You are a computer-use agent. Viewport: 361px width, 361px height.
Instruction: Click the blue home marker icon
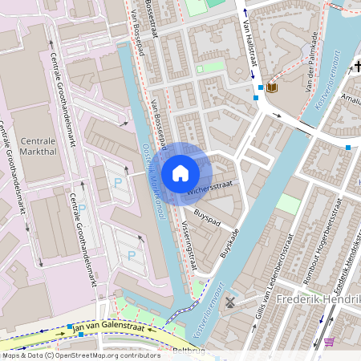click(x=180, y=173)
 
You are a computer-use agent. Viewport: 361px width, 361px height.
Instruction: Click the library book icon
click(x=271, y=87)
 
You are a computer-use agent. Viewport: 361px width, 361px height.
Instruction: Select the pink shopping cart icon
click(x=329, y=342)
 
